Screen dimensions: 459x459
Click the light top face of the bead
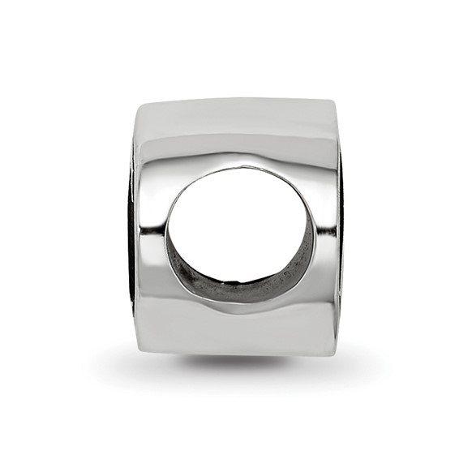point(235,118)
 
